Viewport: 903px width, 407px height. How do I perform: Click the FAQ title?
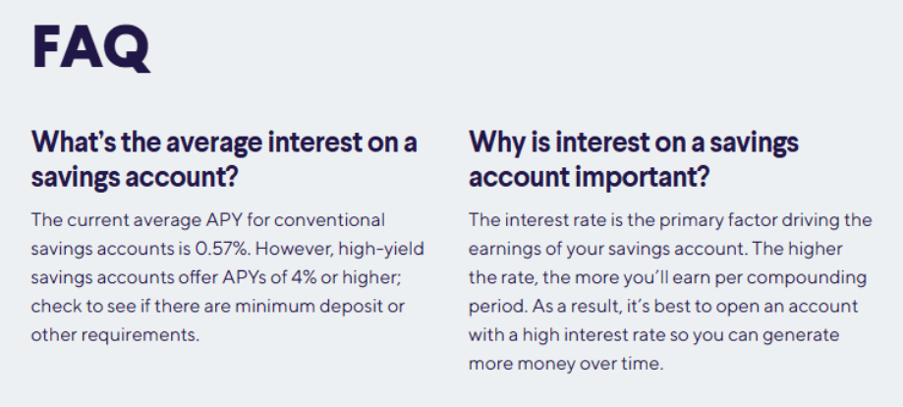point(91,48)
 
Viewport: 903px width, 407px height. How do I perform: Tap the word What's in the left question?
point(67,142)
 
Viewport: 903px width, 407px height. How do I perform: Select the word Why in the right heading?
point(492,143)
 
